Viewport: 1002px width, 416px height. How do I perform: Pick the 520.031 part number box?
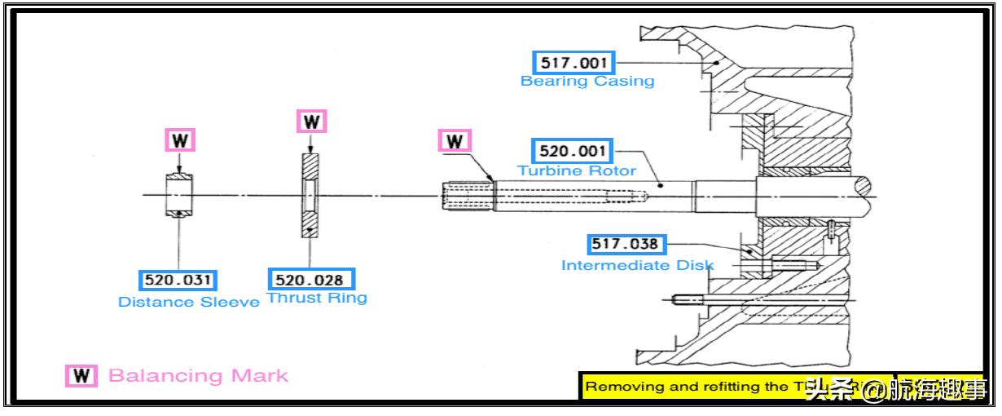pos(178,281)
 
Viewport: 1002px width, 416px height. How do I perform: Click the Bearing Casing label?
pos(587,82)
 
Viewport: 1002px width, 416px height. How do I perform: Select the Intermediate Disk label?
pos(637,265)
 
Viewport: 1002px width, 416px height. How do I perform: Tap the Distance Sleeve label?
pos(189,302)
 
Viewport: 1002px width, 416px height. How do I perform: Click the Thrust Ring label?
pos(317,298)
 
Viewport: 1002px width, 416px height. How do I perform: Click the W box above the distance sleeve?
pos(181,140)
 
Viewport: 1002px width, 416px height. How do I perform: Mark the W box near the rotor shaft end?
pos(455,141)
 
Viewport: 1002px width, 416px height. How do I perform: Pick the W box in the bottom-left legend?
pos(81,376)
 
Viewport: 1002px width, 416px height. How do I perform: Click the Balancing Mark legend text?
pos(198,376)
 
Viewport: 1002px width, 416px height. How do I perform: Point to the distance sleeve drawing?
pos(178,195)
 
